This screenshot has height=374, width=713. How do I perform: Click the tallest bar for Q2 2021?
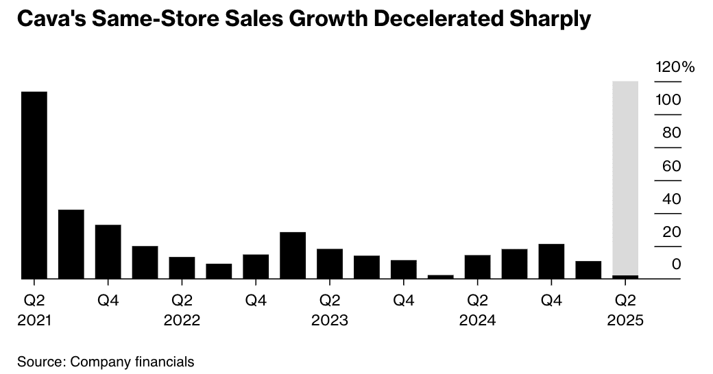(x=34, y=185)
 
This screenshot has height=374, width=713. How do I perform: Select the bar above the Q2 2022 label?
(x=182, y=268)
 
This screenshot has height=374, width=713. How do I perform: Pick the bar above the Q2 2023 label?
(x=330, y=264)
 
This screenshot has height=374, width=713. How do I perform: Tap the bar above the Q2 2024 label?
(x=477, y=266)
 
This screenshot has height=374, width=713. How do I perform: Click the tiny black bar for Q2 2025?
(x=625, y=277)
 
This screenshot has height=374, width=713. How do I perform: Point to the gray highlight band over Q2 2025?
(x=625, y=171)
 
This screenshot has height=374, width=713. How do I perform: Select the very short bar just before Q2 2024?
(x=440, y=277)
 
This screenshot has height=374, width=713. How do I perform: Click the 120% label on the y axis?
(x=675, y=67)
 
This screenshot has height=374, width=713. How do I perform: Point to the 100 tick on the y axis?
(x=668, y=100)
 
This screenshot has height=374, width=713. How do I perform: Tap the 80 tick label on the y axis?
(x=672, y=133)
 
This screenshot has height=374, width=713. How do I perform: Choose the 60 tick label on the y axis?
(x=672, y=166)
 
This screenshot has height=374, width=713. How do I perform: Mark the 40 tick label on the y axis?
(x=672, y=199)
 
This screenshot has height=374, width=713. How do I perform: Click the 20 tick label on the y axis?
(x=672, y=232)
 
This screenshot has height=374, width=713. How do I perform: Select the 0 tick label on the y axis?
(x=676, y=264)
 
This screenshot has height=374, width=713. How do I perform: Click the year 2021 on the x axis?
(x=34, y=320)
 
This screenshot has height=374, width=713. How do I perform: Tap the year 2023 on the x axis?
(x=330, y=320)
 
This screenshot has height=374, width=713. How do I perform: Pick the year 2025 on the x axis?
(x=625, y=320)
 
